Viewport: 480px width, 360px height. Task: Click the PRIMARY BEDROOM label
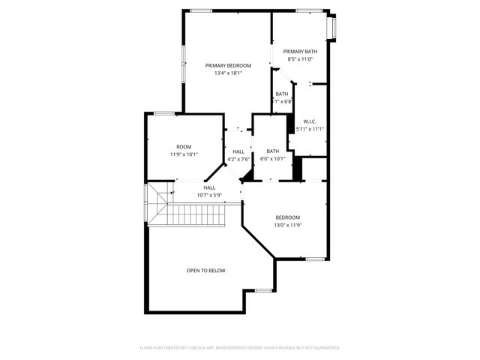coord(228,66)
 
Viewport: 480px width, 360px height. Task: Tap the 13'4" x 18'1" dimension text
coord(228,73)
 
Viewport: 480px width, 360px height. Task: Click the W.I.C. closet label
coord(310,121)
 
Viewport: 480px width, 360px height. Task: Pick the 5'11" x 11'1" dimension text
coord(310,129)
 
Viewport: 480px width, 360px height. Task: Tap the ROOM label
coord(184,146)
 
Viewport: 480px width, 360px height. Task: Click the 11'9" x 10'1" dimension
coord(184,154)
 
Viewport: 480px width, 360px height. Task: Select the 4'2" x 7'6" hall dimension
coord(238,159)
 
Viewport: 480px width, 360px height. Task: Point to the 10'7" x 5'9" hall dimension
coord(209,195)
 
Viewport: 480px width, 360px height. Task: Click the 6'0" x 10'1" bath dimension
coord(272,159)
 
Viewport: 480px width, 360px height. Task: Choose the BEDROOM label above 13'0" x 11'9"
coord(287,217)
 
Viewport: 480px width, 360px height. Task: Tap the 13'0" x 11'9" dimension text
coord(287,225)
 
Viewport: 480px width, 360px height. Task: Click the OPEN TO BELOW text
coord(206,270)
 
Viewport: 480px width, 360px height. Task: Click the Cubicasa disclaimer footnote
coord(240,347)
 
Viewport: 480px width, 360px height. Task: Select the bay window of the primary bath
coord(335,28)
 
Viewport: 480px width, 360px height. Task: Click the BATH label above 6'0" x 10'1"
coord(272,151)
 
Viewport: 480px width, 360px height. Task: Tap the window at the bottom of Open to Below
coord(263,289)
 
